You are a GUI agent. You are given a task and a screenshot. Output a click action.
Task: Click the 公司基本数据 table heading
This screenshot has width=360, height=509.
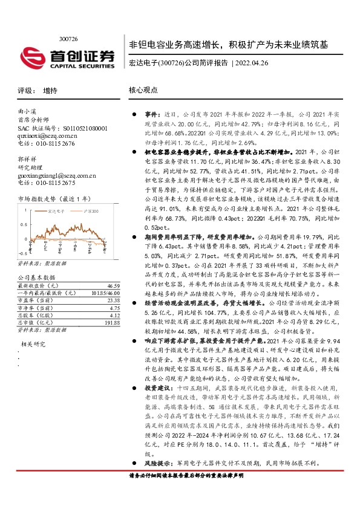point(36,276)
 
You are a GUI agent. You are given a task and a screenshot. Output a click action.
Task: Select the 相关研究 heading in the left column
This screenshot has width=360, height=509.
point(34,344)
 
